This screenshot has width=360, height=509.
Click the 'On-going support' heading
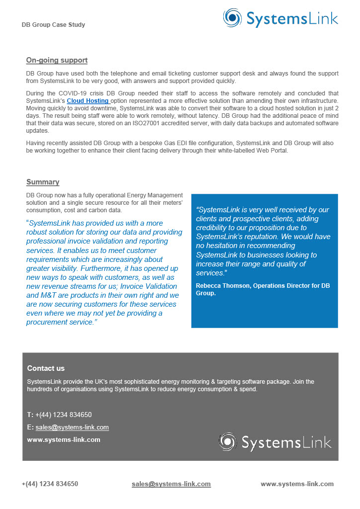coord(57,61)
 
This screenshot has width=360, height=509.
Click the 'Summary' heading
coord(43,182)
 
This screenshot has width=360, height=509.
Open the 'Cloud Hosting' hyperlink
coord(88,100)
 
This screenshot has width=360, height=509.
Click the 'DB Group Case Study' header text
coord(53,25)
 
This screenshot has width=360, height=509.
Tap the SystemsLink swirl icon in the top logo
coord(233,18)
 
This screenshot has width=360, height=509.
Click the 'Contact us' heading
coord(46,368)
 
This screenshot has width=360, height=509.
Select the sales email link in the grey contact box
coord(72,427)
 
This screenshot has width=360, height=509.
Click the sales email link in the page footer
coord(171,484)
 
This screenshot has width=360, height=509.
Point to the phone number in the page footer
coord(50,484)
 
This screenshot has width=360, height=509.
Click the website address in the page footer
coord(297,484)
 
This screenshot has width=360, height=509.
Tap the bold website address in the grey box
coord(64,439)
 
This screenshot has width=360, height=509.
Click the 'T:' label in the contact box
coord(30,415)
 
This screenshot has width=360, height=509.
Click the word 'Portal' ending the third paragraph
coord(277,151)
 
